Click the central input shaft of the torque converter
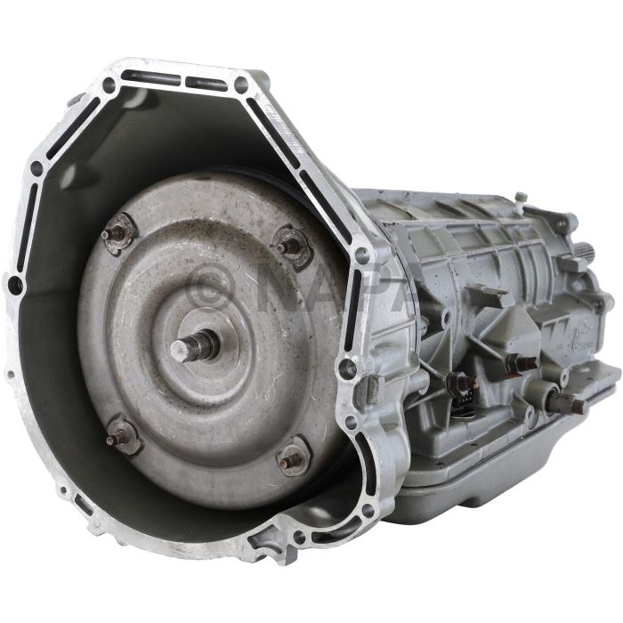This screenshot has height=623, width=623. tap(195, 345)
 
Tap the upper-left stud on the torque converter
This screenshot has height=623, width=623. tap(113, 236)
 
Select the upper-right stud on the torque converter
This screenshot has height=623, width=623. tap(287, 247)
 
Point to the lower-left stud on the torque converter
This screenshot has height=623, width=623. tap(118, 437)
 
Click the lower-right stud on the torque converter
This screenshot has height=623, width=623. tap(290, 462)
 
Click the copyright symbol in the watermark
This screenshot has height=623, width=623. tap(211, 285)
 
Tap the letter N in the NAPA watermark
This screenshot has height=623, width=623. tap(279, 285)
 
